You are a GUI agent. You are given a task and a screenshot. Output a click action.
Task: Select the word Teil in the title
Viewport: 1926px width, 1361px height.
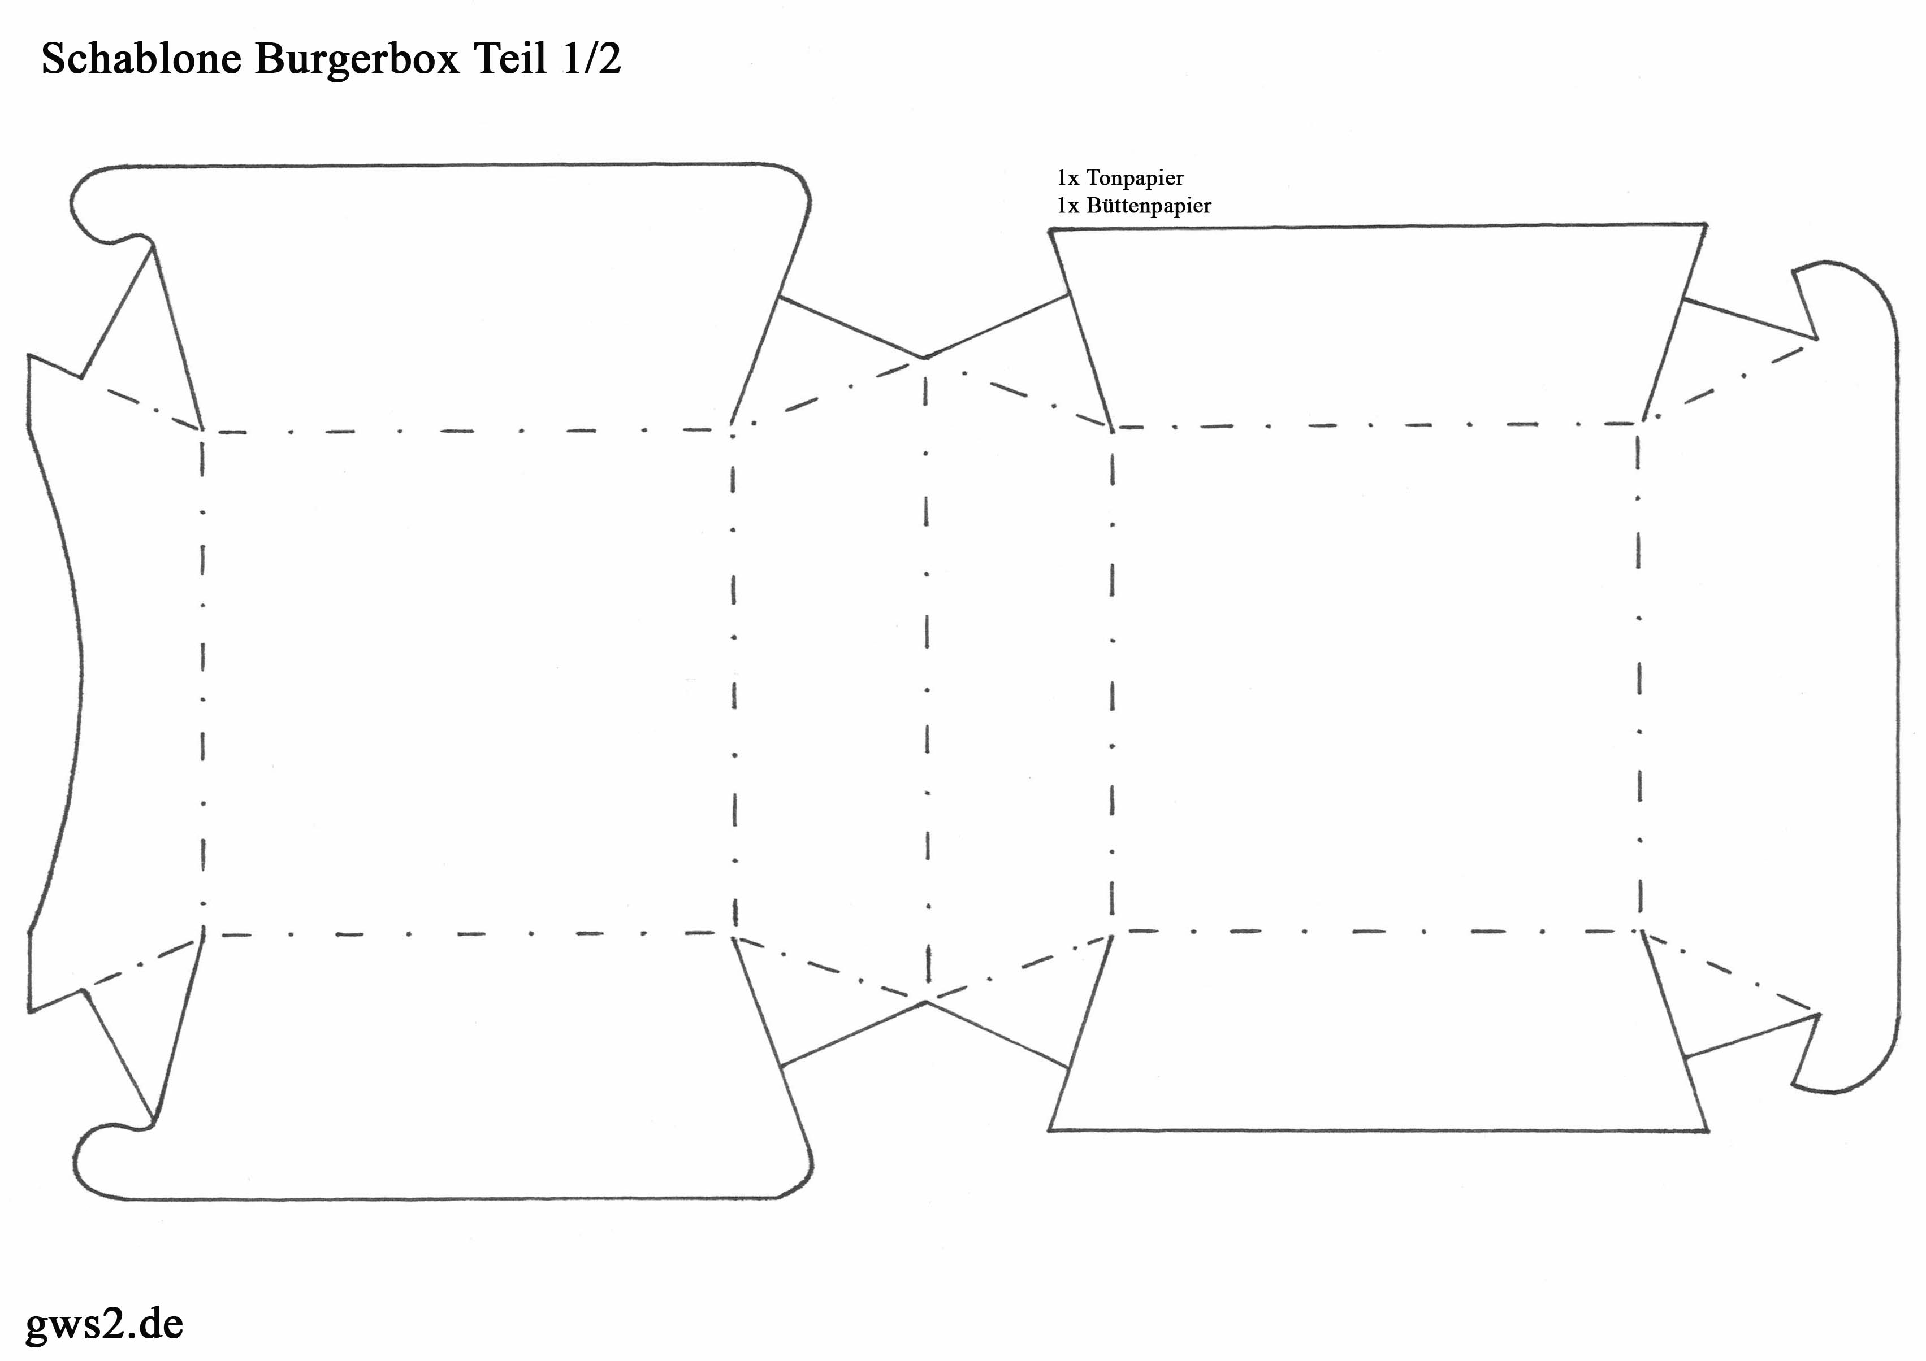click(512, 59)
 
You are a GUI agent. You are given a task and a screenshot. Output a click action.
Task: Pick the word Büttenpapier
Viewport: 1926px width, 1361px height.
click(1148, 206)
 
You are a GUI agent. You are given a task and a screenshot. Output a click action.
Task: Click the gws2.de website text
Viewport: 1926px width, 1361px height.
click(105, 1323)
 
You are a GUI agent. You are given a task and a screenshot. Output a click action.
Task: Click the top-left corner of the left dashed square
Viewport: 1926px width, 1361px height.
click(202, 431)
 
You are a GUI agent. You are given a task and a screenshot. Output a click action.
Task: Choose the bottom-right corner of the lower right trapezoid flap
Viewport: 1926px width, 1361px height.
click(1708, 1131)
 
